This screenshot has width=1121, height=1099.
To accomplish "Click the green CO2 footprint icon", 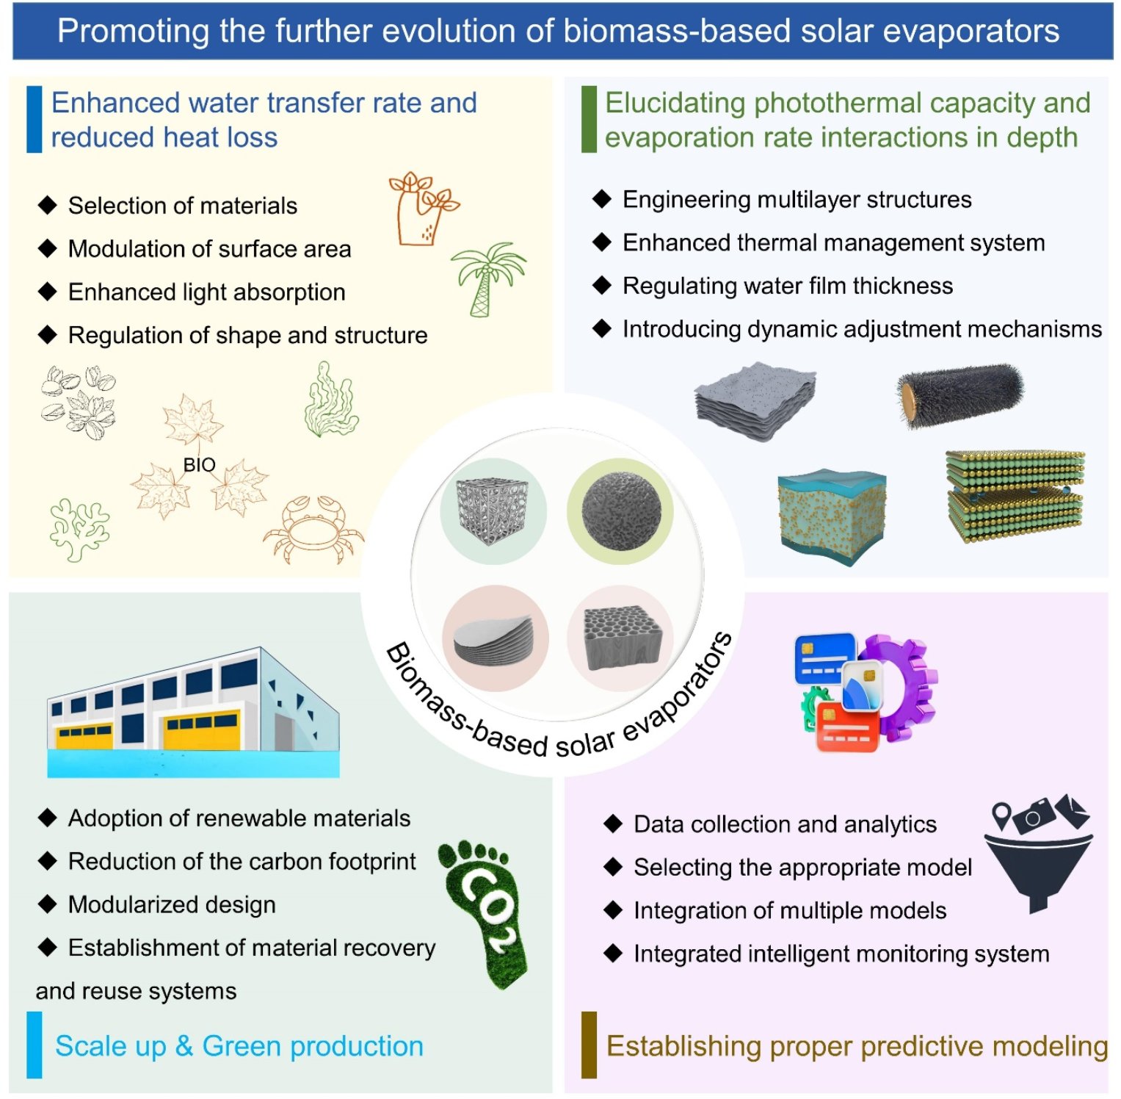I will [484, 911].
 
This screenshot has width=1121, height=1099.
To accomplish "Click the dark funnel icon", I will [1038, 871].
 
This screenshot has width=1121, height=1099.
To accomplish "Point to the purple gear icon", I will [900, 687].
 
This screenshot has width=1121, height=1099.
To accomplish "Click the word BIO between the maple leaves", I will [199, 465].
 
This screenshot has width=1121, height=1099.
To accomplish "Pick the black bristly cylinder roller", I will [959, 394].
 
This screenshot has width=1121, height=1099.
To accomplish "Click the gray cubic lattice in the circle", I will [492, 511].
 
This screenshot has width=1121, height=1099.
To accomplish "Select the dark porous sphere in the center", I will [621, 510].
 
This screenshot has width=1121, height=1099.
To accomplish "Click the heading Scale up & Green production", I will [239, 1045].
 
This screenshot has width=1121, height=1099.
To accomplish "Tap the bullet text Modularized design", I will [172, 904].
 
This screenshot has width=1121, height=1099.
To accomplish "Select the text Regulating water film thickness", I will [788, 285].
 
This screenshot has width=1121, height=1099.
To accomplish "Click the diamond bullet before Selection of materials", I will [48, 205].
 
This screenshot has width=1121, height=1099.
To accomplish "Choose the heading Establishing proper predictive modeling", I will [857, 1045].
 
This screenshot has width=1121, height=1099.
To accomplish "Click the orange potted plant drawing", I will [422, 209].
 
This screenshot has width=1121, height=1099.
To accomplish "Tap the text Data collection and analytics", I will [785, 824].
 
